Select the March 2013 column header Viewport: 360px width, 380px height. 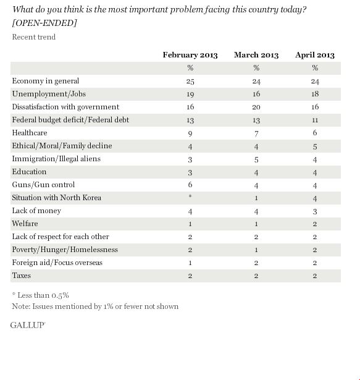point(256,55)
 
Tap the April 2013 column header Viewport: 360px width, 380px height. point(315,55)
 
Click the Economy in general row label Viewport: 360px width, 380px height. point(46,81)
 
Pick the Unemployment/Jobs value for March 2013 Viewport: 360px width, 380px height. point(256,94)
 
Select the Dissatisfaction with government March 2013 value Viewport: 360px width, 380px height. point(256,107)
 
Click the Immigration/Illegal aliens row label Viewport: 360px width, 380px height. point(56,159)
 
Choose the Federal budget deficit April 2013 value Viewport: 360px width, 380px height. point(315,120)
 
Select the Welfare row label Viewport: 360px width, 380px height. point(25,224)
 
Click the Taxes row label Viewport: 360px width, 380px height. point(22,276)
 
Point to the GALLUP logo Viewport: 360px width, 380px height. point(28,325)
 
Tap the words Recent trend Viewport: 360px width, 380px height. point(34,37)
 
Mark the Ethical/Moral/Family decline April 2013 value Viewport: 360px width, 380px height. point(315,146)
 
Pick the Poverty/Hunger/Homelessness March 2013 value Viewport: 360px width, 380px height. point(256,250)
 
